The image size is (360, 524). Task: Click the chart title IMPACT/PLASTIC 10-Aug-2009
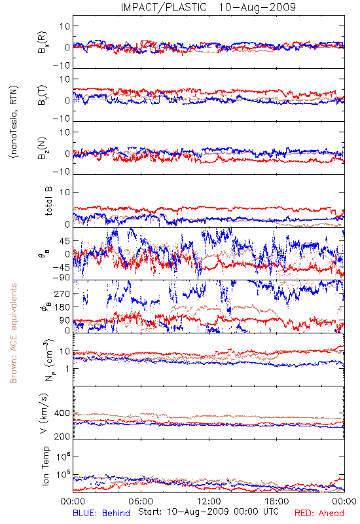pos(208,7)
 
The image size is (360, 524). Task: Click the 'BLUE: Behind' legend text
pos(101,513)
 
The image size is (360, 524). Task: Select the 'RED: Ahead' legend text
pos(319,513)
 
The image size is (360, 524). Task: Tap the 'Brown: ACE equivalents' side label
pos(13,333)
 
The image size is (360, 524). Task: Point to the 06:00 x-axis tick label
pos(141,501)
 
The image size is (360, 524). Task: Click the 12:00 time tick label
pos(209,501)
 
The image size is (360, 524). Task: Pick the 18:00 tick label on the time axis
pos(277,501)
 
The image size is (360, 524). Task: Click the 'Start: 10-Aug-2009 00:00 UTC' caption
pos(208,512)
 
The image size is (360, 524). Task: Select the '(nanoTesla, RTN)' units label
pos(14,122)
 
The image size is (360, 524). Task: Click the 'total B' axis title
pos(48,201)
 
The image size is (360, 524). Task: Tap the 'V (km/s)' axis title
pos(44,413)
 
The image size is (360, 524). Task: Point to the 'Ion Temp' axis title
pos(45,466)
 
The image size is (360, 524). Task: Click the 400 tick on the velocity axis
pos(62,413)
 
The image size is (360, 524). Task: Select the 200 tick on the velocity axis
pos(62,436)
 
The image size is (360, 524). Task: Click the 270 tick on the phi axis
pos(62,293)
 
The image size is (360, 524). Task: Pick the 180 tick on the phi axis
pos(62,307)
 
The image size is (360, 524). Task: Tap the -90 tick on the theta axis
pos(61,278)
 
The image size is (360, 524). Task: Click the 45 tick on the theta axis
pos(65,240)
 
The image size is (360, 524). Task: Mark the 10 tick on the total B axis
pos(65,192)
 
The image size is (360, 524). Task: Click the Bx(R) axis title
pos(42,43)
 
